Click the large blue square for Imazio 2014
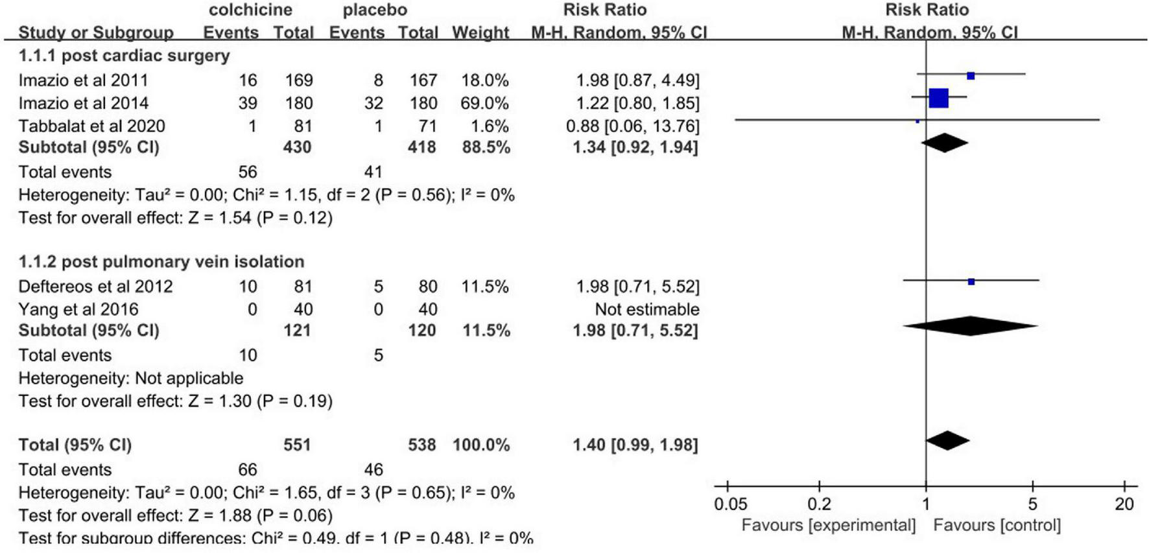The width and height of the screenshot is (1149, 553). (x=938, y=98)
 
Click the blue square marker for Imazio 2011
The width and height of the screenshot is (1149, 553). (x=971, y=76)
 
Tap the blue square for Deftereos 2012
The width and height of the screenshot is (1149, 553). (x=971, y=281)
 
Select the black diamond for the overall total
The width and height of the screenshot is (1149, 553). (x=947, y=441)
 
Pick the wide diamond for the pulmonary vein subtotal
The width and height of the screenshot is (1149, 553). (x=970, y=326)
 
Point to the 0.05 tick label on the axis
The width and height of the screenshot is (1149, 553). (x=730, y=504)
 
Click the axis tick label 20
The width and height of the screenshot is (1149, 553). (x=1124, y=504)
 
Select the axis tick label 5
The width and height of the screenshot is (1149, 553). (x=1032, y=504)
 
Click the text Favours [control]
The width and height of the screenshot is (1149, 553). (x=997, y=525)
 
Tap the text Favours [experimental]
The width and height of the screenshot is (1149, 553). (x=828, y=525)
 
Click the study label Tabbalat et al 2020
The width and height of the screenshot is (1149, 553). (x=91, y=126)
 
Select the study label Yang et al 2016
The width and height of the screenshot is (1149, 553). (x=78, y=309)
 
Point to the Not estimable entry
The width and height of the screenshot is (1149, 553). (x=646, y=309)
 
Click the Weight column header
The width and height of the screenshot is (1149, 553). (x=480, y=32)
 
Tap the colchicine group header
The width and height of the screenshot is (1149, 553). (x=250, y=10)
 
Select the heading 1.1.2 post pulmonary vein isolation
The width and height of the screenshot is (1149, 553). (x=161, y=261)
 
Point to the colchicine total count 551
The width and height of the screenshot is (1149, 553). (x=297, y=445)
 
